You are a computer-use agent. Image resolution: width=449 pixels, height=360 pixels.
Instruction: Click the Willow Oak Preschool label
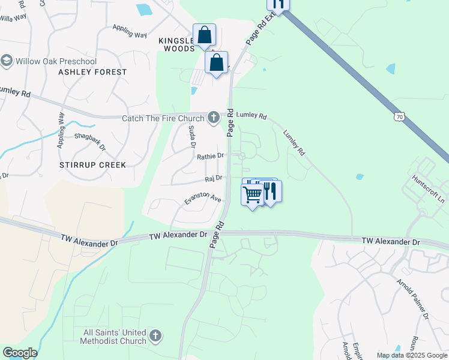click(56, 61)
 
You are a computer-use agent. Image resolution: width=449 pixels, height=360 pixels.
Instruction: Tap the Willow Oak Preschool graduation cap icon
click(7, 61)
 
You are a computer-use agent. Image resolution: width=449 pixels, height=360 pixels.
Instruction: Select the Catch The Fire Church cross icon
click(213, 117)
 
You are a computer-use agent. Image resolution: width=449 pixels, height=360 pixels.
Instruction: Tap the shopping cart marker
click(253, 194)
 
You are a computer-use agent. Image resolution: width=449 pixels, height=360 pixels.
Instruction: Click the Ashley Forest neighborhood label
click(92, 72)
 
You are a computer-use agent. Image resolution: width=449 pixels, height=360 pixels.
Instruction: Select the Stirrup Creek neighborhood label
click(92, 164)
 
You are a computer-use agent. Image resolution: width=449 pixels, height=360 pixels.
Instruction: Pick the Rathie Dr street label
click(210, 156)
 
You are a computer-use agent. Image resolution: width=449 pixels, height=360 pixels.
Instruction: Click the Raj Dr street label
click(213, 178)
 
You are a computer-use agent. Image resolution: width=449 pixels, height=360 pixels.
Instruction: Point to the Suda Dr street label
click(192, 137)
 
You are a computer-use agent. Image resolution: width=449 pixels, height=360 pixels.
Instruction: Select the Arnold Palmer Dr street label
click(414, 298)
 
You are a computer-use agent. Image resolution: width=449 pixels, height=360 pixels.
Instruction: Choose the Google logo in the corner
click(20, 353)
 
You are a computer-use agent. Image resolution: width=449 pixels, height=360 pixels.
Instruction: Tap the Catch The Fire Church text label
click(163, 118)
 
